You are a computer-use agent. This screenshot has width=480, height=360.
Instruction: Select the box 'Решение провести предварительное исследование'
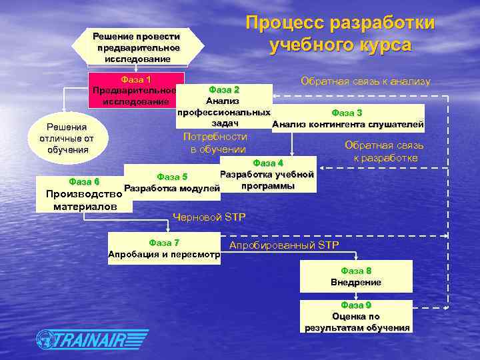(x=137, y=47)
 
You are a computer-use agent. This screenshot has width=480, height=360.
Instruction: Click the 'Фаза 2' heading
(x=223, y=89)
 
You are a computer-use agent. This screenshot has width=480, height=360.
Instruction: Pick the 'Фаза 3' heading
(x=347, y=113)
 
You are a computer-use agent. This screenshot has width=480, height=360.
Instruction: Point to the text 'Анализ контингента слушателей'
(x=347, y=124)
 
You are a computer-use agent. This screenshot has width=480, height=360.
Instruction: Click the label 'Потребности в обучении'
(x=215, y=143)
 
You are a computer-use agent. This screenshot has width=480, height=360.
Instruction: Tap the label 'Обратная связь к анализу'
(x=365, y=81)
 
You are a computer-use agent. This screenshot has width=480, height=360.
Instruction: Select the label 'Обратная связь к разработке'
(x=384, y=151)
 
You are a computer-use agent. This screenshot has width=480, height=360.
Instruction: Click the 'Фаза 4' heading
(x=268, y=163)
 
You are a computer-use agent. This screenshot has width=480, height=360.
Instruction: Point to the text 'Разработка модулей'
(x=172, y=189)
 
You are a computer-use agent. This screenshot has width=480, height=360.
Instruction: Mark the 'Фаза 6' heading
(x=84, y=181)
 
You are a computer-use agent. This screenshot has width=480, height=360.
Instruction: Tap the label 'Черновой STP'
(x=209, y=217)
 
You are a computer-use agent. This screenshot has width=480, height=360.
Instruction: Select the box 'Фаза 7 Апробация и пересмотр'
(x=164, y=248)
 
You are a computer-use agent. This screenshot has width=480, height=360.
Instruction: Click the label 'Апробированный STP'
(x=284, y=245)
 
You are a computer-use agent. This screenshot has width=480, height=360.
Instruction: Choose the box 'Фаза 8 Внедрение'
(x=356, y=276)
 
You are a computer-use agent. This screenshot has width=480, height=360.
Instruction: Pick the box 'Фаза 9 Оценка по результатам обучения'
(x=357, y=316)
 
